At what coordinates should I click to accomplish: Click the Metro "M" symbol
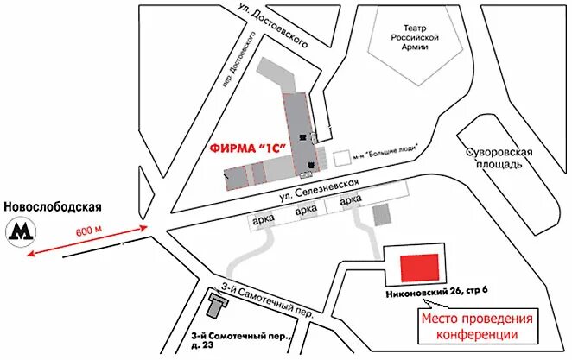(19, 231)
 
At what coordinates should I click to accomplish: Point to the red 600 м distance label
(88, 230)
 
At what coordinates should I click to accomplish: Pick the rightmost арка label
(351, 201)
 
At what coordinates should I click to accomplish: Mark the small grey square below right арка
(380, 214)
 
